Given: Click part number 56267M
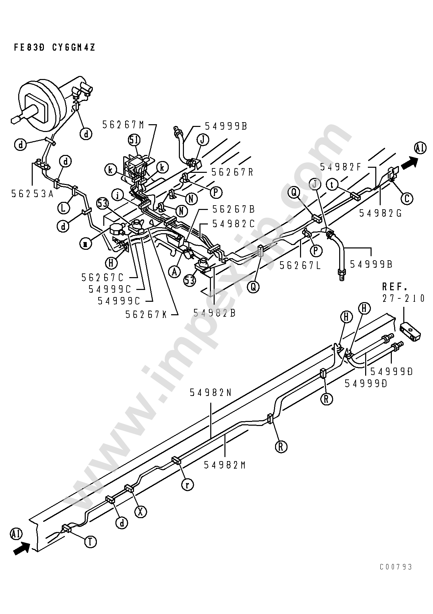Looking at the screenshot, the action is pos(123,125).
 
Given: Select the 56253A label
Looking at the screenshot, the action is pos(32,193).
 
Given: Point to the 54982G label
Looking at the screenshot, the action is pos(380,213).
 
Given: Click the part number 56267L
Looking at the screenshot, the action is pos(300,266).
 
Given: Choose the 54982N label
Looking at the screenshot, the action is pos(211,392).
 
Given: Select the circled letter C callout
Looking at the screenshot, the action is pos(407,198).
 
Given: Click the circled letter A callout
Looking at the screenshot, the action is pos(174,271).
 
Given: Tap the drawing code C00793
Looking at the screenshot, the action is pos(396,567).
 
